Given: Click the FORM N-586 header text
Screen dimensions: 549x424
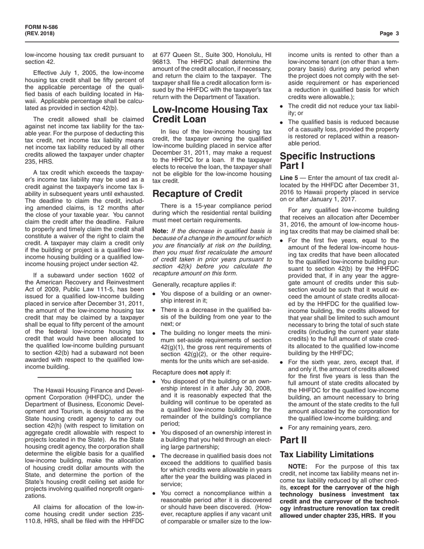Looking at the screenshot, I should (41, 27).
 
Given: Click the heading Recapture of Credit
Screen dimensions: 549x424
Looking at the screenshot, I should (197, 194).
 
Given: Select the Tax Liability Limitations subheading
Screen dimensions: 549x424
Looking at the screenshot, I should (326, 454).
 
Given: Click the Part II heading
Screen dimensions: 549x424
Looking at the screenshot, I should (293, 440).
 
